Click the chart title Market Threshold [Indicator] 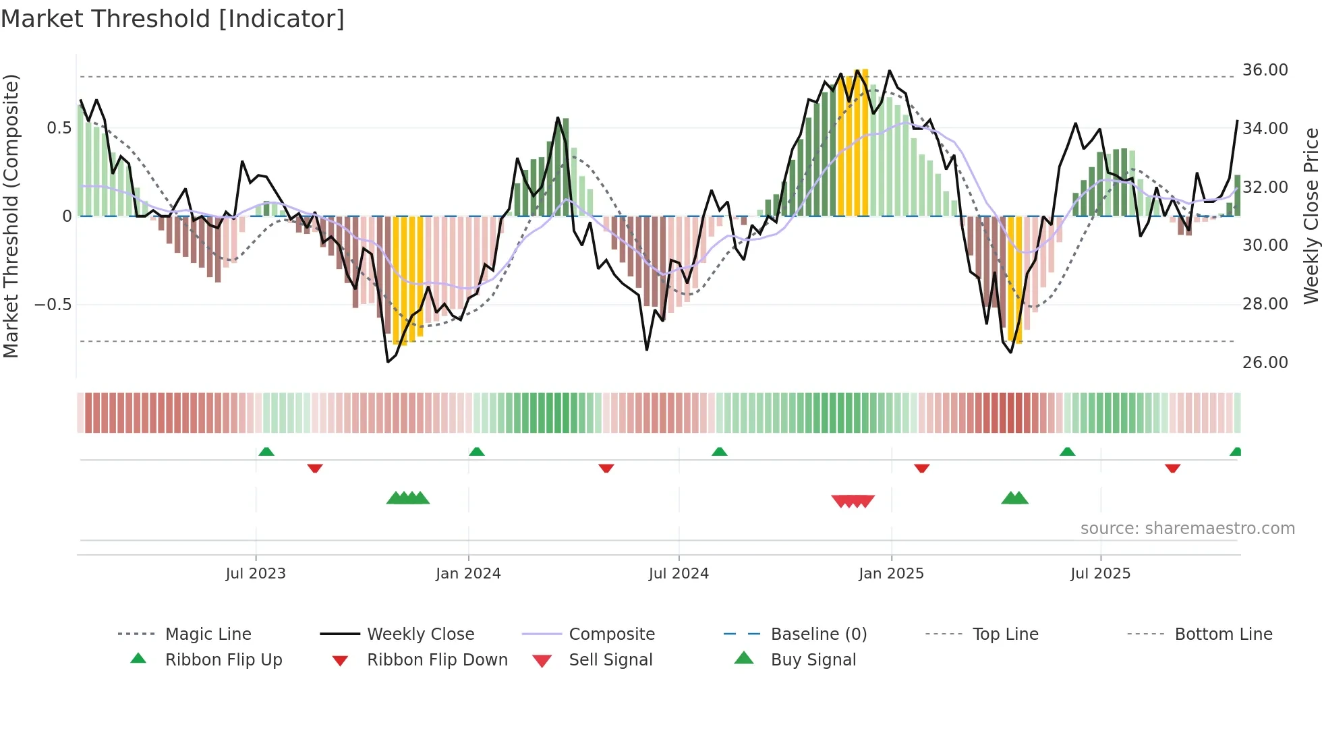[x=173, y=19]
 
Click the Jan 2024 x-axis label [x=468, y=573]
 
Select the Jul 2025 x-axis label [x=1100, y=573]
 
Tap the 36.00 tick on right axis [x=1265, y=70]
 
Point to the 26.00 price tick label [x=1265, y=363]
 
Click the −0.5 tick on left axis [x=53, y=305]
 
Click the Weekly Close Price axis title [x=1310, y=216]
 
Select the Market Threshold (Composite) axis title [x=11, y=216]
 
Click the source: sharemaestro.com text [x=1187, y=528]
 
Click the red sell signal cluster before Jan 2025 [x=853, y=500]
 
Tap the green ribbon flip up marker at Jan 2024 [x=477, y=452]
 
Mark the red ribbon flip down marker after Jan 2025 [x=922, y=468]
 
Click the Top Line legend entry [x=1005, y=634]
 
